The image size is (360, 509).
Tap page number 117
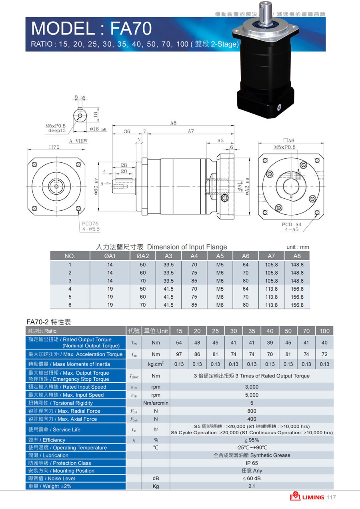[331, 497]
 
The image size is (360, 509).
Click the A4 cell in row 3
[194, 281]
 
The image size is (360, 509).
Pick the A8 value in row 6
[297, 305]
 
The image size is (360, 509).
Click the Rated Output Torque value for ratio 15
[179, 343]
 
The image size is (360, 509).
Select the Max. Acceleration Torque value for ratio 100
[324, 354]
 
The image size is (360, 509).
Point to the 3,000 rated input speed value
[252, 387]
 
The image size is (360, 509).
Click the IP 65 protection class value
[252, 463]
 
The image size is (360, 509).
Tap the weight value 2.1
[252, 486]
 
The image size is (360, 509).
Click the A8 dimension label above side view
[173, 124]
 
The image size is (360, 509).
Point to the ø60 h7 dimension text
[96, 186]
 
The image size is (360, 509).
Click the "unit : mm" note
[298, 247]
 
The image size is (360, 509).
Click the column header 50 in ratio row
[288, 331]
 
